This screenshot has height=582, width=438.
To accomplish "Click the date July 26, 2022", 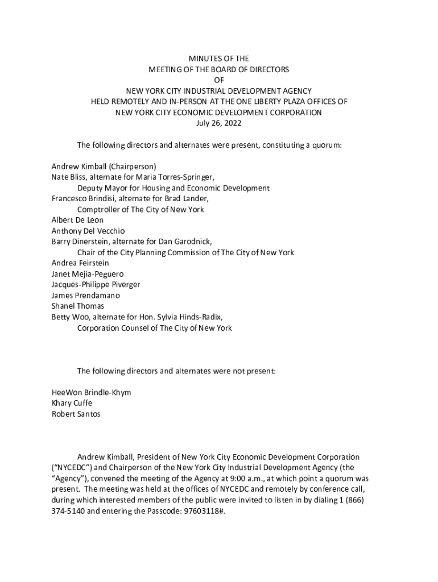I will click(x=219, y=123).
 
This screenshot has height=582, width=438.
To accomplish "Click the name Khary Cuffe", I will click(x=72, y=404).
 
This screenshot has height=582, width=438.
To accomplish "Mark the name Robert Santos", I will click(x=76, y=414).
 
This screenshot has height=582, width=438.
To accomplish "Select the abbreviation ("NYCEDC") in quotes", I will click(x=71, y=468).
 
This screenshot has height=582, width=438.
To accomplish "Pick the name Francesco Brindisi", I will click(x=82, y=199).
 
